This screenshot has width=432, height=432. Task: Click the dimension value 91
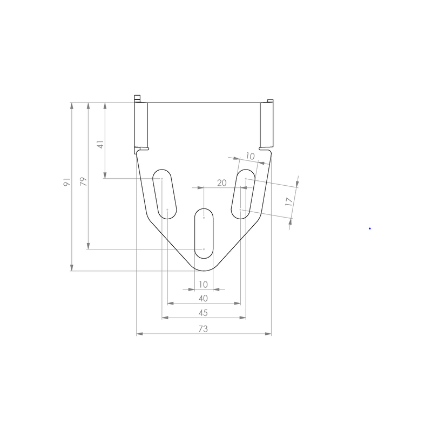[x=67, y=182]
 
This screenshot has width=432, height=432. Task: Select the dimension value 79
[x=84, y=181]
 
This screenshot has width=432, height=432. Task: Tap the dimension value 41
[x=100, y=144]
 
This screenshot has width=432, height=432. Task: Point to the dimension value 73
[x=203, y=329]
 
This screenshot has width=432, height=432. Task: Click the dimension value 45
[x=203, y=313]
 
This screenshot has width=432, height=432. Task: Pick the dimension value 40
[x=203, y=299]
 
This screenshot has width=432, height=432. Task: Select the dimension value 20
[x=222, y=183]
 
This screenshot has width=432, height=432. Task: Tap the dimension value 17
[x=289, y=201]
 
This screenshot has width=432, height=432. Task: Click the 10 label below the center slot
[x=203, y=285]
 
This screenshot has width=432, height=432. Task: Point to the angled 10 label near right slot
[x=250, y=156]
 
